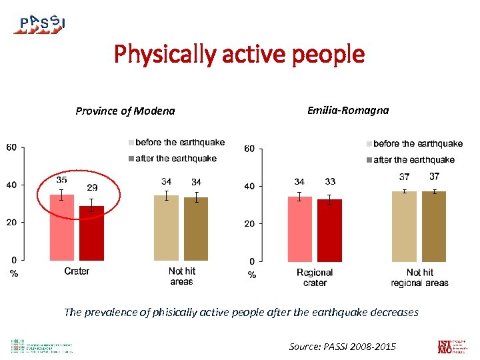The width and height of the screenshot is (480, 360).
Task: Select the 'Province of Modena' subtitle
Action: (x=125, y=111)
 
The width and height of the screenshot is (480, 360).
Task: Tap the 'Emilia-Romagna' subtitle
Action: (x=347, y=111)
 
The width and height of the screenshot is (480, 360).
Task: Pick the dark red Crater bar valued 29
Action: (x=91, y=233)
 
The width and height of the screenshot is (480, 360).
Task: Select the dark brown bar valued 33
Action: (x=329, y=230)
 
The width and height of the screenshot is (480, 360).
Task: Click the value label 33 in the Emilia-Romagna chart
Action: (x=329, y=181)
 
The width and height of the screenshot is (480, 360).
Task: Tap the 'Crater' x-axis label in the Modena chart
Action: (x=77, y=271)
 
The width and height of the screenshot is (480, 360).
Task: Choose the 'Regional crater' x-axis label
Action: (x=315, y=277)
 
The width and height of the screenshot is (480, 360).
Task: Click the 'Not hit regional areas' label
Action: (x=419, y=277)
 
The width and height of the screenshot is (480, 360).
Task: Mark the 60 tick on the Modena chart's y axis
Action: (x=12, y=147)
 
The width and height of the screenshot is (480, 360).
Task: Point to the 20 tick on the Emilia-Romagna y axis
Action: (x=249, y=224)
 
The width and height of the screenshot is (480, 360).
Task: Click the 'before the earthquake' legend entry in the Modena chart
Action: (x=176, y=143)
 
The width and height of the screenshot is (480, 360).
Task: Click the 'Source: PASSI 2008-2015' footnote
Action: (x=342, y=347)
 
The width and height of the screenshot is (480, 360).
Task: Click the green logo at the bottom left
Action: (x=41, y=347)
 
